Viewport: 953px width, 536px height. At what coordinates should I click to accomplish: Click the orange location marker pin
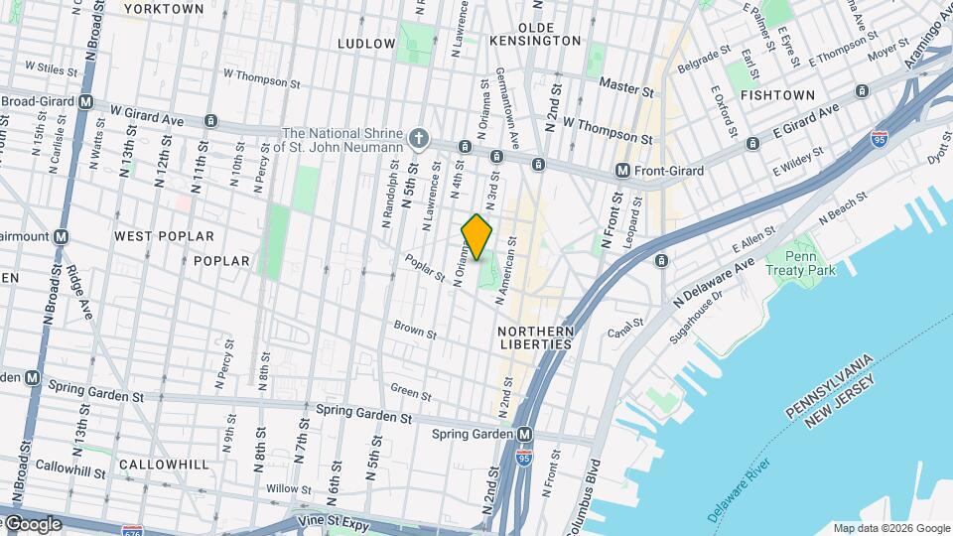[x=477, y=236]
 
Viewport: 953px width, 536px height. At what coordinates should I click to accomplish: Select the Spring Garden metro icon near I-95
[x=525, y=435]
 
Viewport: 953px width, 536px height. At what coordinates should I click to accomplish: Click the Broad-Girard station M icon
[x=86, y=101]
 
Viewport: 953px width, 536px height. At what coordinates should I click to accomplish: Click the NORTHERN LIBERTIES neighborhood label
[x=536, y=337]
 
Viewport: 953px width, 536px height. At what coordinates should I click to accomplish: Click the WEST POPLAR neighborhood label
[x=164, y=236]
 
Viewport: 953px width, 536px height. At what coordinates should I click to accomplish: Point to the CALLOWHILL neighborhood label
[x=162, y=465]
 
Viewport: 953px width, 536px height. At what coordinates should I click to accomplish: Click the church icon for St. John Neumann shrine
[x=420, y=138]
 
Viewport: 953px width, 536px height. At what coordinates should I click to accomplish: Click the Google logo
[x=33, y=524]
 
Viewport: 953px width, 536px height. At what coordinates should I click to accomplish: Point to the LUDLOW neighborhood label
[x=366, y=44]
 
